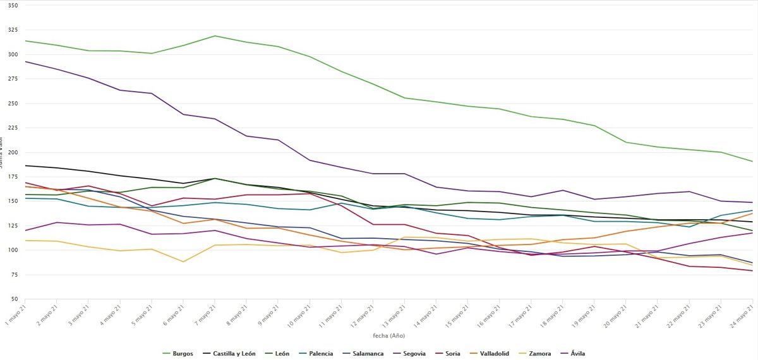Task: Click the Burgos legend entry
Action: click(183, 354)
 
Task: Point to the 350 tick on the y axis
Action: click(13, 5)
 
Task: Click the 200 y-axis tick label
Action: click(13, 152)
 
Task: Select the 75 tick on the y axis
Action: click(14, 275)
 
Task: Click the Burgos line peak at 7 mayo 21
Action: click(215, 36)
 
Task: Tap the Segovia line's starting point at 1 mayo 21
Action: click(25, 61)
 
